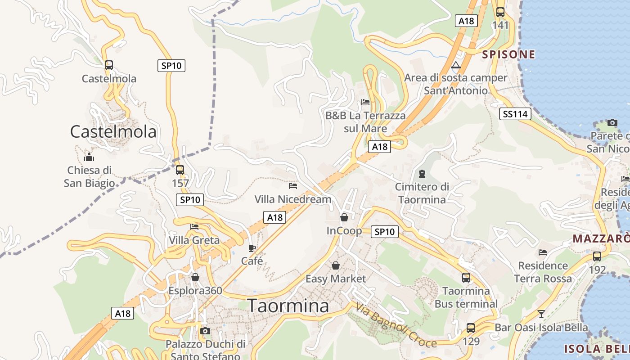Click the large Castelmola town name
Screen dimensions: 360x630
113,131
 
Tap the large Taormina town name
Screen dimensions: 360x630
288,306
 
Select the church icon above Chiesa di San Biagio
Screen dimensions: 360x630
89,157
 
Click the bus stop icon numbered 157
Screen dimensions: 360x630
180,170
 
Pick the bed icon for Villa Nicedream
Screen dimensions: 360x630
293,185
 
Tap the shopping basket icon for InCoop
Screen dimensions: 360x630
344,217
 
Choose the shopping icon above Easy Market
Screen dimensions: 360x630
336,265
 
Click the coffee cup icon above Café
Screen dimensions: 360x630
252,247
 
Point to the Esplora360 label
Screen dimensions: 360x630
195,291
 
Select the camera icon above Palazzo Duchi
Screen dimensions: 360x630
205,331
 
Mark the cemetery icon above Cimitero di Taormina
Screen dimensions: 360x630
422,173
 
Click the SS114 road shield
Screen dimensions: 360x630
515,114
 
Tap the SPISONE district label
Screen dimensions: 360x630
508,55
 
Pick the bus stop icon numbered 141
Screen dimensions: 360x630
500,12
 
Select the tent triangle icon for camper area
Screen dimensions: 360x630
456,65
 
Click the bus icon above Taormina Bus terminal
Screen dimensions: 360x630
466,278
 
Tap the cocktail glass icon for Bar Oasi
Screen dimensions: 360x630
541,314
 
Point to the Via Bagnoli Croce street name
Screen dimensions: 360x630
396,325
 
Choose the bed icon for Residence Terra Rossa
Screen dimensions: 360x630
543,252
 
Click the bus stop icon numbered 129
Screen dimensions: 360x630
471,328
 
